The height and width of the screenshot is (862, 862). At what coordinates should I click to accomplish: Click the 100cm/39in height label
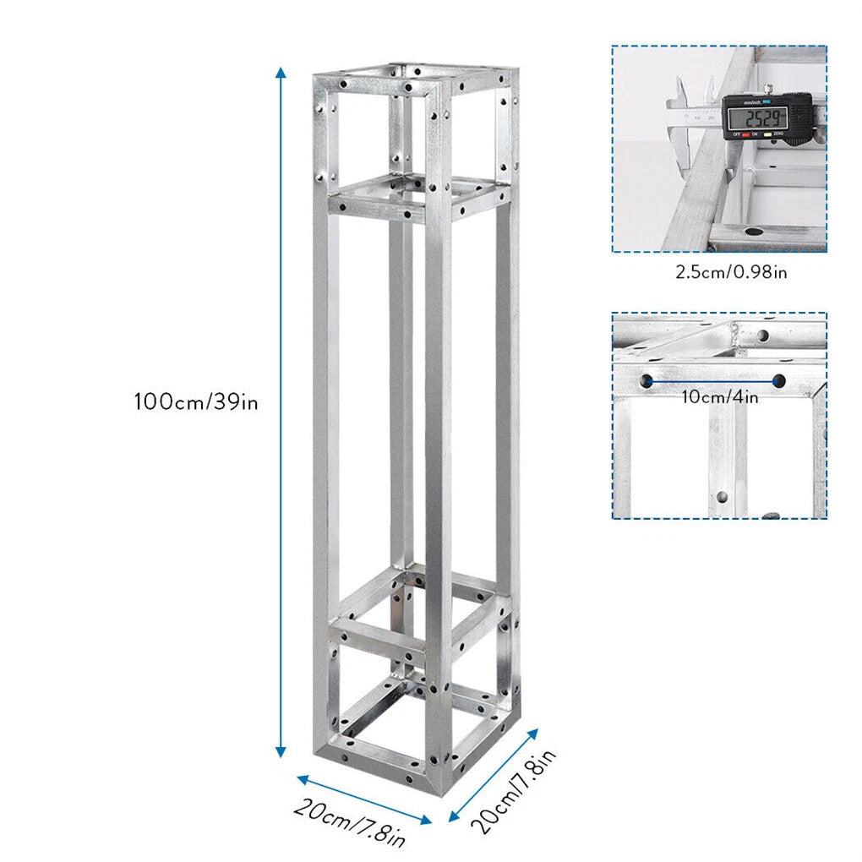coord(195,401)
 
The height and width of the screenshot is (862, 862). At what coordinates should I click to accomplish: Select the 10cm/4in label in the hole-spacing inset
coord(719,396)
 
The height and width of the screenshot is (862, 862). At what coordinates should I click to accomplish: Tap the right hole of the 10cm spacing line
coord(778,381)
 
